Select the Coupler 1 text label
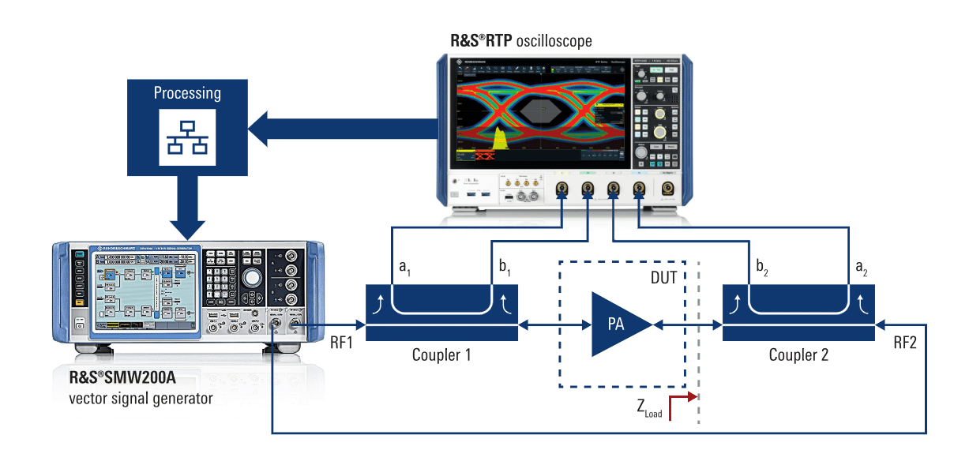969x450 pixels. (x=441, y=355)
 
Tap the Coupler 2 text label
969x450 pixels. (x=798, y=355)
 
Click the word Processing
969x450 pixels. (x=187, y=93)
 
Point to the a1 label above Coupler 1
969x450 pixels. (x=405, y=268)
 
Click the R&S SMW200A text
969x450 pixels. (x=122, y=377)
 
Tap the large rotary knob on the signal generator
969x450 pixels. (x=252, y=278)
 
